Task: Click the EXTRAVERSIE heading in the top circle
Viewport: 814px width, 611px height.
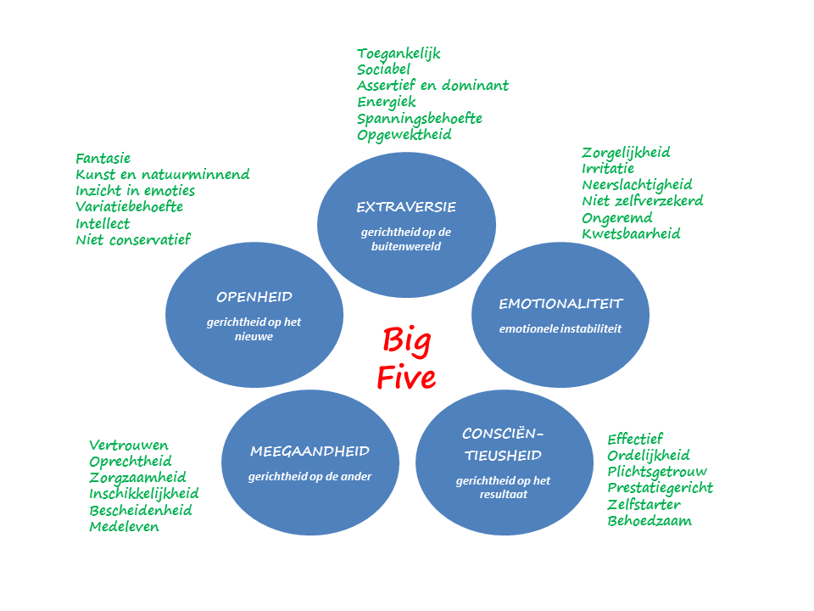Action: (x=406, y=207)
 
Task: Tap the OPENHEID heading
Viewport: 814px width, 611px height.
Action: (x=254, y=297)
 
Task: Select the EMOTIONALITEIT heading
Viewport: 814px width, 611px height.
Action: (x=560, y=303)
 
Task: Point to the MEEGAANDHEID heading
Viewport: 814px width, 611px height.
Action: (x=309, y=451)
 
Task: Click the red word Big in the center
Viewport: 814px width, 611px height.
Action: (x=406, y=340)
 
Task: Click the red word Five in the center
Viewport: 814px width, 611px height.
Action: (x=406, y=378)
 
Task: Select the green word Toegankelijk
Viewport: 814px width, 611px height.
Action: (x=399, y=53)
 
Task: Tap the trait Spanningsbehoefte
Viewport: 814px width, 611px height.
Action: (x=419, y=118)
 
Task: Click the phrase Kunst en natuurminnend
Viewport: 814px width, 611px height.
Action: (x=162, y=174)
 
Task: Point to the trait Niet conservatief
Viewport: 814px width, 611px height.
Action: (x=132, y=239)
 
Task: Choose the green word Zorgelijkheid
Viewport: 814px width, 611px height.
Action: (x=626, y=152)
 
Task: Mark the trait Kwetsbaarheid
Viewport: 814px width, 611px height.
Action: (x=630, y=233)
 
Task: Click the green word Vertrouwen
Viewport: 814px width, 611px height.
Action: (x=128, y=445)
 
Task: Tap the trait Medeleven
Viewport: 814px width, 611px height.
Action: (x=124, y=526)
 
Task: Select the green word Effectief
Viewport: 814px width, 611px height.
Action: (x=634, y=439)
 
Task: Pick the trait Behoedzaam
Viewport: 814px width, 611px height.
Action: (x=649, y=520)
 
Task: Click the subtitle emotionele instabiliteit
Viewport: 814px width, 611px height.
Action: (x=560, y=328)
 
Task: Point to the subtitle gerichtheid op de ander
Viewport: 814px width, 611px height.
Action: (x=309, y=476)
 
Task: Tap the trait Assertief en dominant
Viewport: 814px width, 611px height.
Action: (x=432, y=86)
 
